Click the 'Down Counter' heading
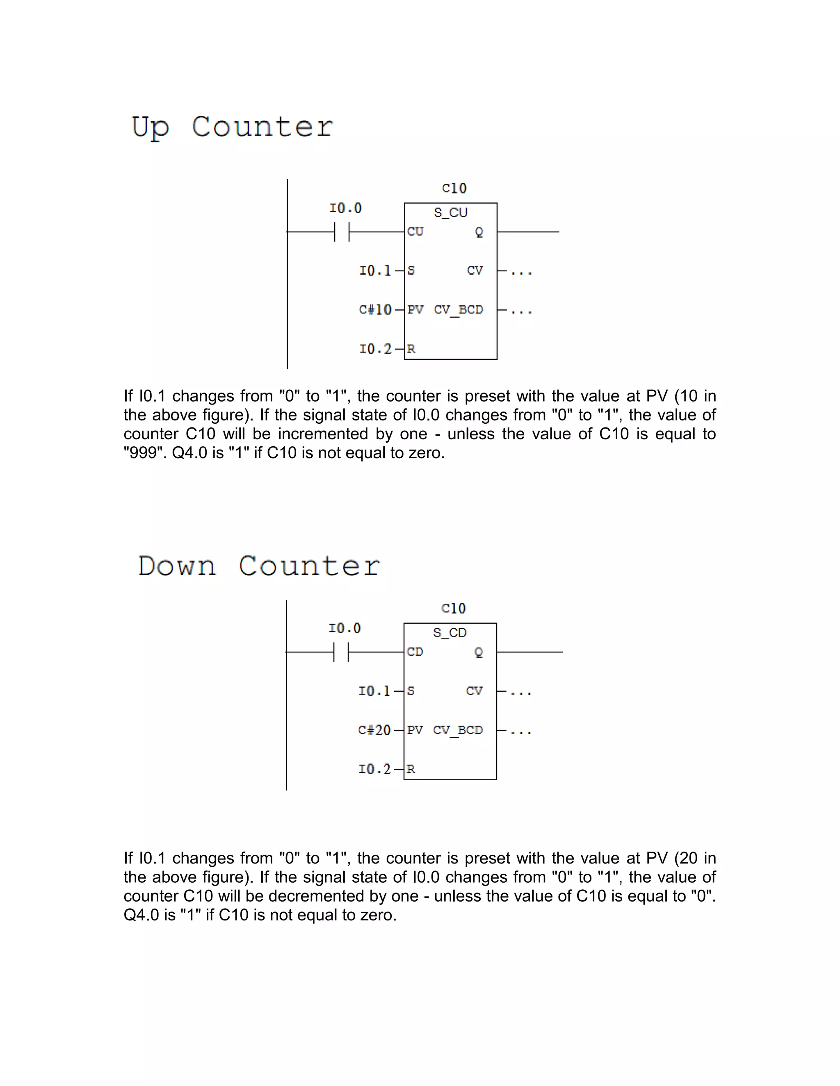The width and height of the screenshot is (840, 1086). pos(259,566)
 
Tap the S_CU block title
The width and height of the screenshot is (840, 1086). pos(450,213)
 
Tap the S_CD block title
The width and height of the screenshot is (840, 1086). pos(450,633)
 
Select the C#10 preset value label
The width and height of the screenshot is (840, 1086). pos(375,310)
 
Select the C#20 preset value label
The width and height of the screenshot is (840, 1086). pos(374,730)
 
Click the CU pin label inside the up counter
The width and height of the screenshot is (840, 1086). pos(415,232)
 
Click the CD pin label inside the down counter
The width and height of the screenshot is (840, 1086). pos(415,652)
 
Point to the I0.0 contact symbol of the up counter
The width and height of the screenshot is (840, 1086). pos(342,232)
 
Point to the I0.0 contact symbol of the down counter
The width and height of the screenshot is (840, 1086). pos(341,652)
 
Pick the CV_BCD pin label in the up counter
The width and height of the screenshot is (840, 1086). pos(458,310)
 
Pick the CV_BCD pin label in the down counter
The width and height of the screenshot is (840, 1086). pos(458,730)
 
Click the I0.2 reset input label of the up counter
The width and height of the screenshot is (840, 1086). pos(375,349)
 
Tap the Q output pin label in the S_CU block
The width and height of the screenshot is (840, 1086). pos(479,232)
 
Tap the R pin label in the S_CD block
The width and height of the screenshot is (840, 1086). pos(411,769)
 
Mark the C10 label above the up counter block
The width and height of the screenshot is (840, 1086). pos(454,189)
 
